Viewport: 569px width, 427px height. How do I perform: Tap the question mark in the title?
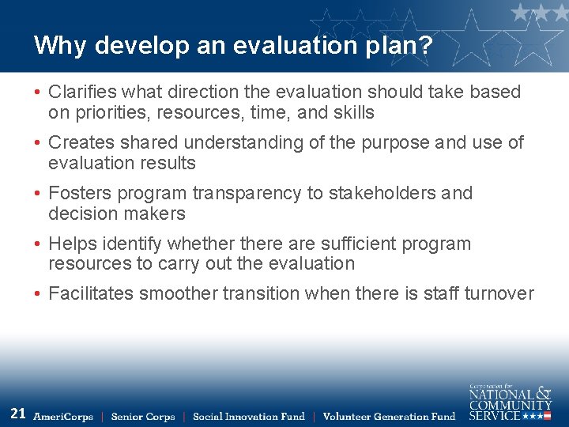point(425,45)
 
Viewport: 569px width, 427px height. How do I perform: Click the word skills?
point(352,112)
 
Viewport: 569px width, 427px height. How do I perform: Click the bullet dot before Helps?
point(38,244)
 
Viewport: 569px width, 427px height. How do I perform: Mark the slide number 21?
point(18,413)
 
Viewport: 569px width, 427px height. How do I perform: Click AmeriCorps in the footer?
point(63,417)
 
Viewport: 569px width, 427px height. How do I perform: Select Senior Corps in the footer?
point(143,417)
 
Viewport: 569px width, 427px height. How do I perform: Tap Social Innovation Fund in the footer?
point(248,417)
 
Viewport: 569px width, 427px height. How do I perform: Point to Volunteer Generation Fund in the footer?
point(389,417)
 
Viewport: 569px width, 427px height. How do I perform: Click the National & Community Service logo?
point(510,402)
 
